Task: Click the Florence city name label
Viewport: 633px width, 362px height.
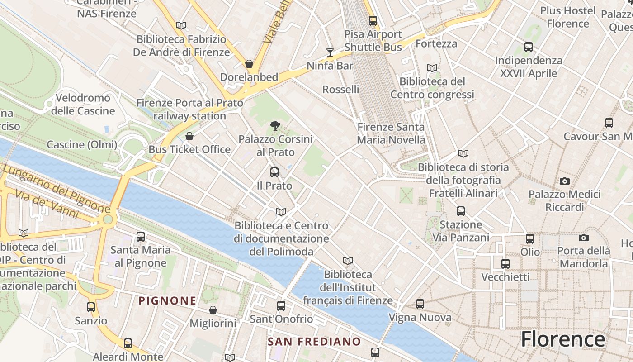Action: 563,339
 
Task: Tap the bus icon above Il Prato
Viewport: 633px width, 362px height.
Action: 274,172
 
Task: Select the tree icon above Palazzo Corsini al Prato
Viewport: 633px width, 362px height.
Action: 274,126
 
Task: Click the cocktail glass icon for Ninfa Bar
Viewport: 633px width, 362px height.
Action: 330,52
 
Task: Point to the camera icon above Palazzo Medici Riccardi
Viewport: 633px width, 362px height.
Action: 564,181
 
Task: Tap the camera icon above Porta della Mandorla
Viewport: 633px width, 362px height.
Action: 583,238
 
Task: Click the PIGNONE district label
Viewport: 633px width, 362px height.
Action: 167,300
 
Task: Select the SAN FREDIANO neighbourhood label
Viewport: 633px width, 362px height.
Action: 314,342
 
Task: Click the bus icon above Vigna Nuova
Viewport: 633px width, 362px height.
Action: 420,304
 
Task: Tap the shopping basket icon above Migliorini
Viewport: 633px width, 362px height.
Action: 213,310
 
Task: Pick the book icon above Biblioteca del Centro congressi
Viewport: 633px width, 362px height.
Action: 432,68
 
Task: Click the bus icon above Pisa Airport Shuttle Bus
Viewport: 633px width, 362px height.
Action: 373,21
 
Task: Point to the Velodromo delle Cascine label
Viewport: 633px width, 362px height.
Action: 83,104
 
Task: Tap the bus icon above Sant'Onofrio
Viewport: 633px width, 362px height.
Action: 281,306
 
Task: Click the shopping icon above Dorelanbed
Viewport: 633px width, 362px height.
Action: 249,64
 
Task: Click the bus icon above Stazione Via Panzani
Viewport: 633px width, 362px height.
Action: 460,211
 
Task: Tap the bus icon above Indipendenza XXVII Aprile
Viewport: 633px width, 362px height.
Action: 528,47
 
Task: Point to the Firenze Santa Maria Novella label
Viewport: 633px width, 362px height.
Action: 391,133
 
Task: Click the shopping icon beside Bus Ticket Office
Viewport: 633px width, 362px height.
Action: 189,136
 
